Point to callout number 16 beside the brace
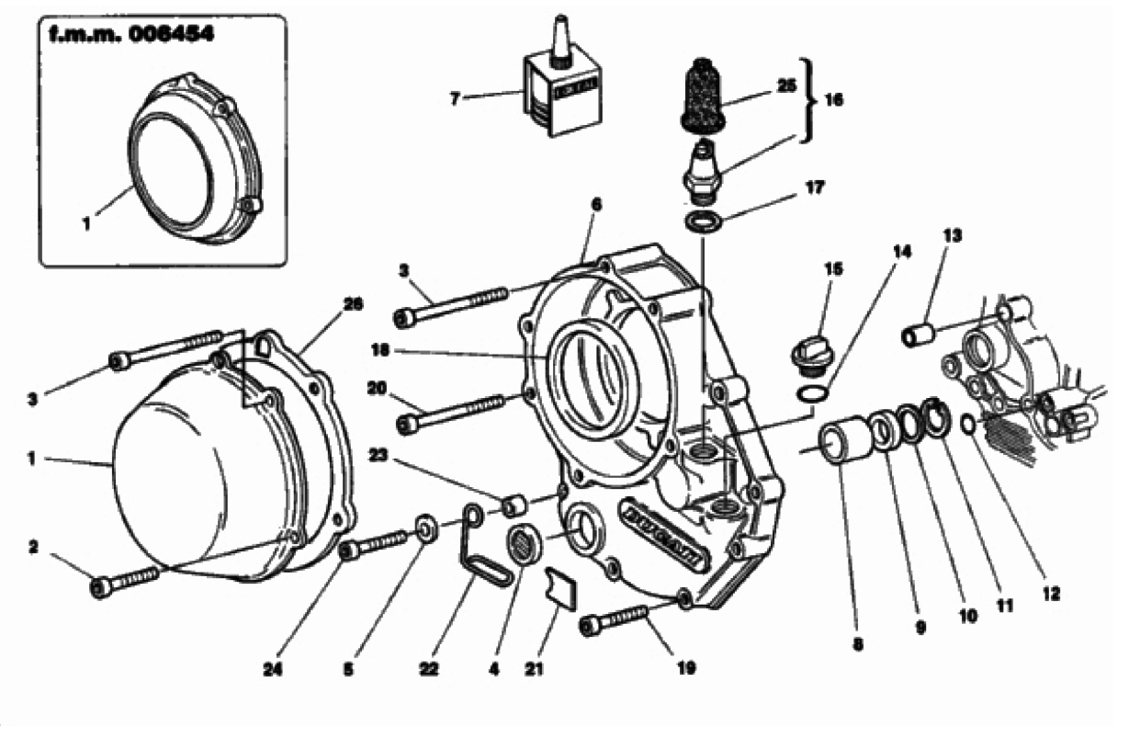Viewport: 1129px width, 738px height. tap(834, 100)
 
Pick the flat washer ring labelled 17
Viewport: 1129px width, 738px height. tap(705, 221)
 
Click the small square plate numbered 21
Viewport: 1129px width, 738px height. tap(559, 585)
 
